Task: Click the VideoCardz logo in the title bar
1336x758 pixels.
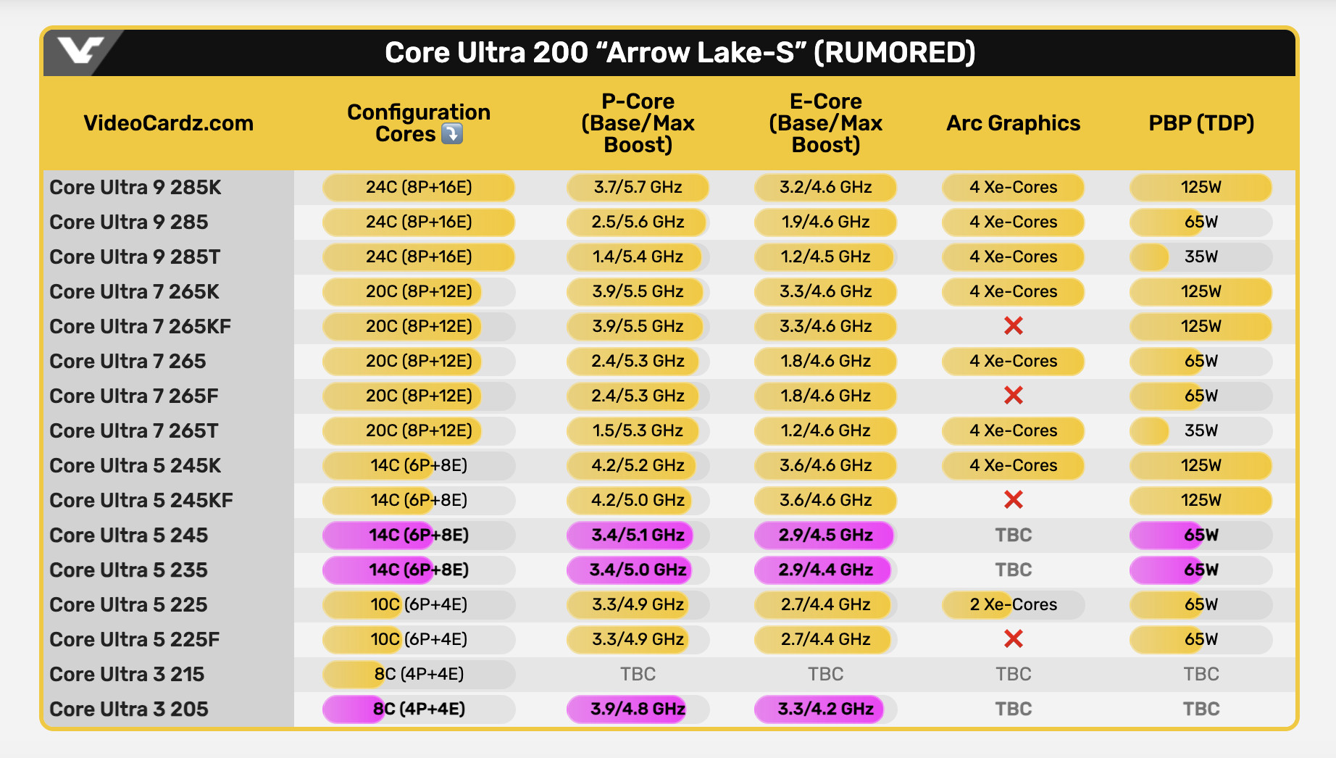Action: click(80, 51)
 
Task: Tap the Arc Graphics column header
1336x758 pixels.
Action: click(1013, 123)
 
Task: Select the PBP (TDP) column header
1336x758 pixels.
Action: click(1201, 123)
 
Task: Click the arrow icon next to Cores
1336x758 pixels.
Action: click(452, 134)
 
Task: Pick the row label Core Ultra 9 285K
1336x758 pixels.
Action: click(135, 187)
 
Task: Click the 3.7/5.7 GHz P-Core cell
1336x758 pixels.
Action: click(638, 187)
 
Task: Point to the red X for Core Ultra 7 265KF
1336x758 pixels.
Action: click(1013, 326)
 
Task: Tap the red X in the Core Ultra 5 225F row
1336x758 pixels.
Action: click(1013, 639)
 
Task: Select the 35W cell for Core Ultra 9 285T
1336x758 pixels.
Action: click(1201, 257)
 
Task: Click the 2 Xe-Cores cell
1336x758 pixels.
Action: click(1013, 604)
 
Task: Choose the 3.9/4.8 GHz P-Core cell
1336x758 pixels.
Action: click(638, 709)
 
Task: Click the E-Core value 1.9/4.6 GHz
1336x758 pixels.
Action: click(825, 222)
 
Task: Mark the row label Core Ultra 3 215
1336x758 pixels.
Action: click(127, 674)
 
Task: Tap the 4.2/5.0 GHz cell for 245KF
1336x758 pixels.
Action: click(638, 500)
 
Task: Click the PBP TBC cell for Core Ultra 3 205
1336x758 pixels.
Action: click(1201, 709)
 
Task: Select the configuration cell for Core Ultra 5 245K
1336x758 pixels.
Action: click(419, 465)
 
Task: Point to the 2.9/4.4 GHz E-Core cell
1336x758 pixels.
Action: click(825, 570)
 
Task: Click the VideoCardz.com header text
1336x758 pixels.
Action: click(168, 123)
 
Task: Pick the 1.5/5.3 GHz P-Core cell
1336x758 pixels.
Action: click(638, 430)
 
